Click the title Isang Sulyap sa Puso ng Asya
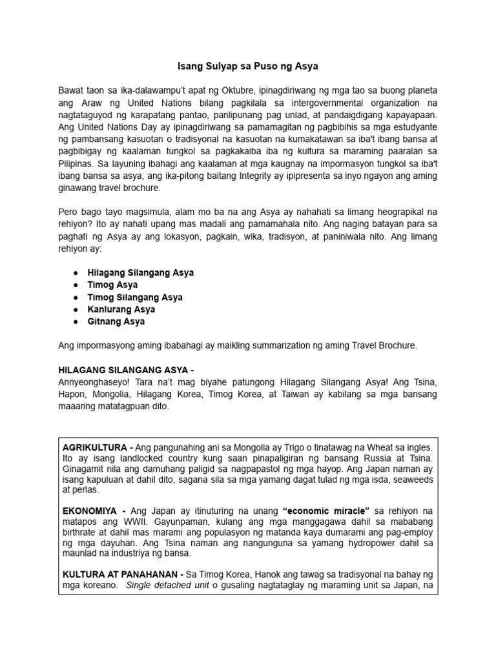click(248, 66)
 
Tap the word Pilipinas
click(77, 164)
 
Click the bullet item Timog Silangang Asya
click(135, 297)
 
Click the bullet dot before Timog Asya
click(76, 285)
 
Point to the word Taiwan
click(300, 394)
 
